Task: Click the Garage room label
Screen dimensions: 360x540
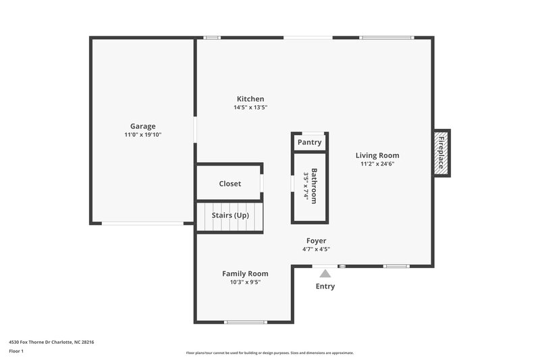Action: point(142,126)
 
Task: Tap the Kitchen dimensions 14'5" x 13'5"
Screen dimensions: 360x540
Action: point(250,107)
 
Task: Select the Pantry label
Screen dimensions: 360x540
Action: point(309,143)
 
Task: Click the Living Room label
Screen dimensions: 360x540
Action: point(377,155)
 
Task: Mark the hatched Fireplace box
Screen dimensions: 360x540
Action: point(442,153)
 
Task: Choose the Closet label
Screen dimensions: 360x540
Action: point(230,184)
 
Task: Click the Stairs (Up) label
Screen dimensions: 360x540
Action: point(230,215)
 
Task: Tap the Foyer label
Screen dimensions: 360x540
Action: point(316,240)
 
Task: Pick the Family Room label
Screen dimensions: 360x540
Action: point(245,274)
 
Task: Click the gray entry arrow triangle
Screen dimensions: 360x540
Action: point(325,274)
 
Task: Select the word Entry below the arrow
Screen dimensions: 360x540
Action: point(325,286)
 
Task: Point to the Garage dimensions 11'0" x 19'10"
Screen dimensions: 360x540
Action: point(142,135)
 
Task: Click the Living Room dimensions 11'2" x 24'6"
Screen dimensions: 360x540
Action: point(377,163)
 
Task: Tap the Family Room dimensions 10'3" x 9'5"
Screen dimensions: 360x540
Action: point(245,282)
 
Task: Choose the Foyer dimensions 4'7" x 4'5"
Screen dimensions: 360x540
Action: point(316,249)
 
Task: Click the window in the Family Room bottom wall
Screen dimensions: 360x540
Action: point(246,322)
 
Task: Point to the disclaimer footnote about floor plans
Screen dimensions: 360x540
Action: point(270,353)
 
